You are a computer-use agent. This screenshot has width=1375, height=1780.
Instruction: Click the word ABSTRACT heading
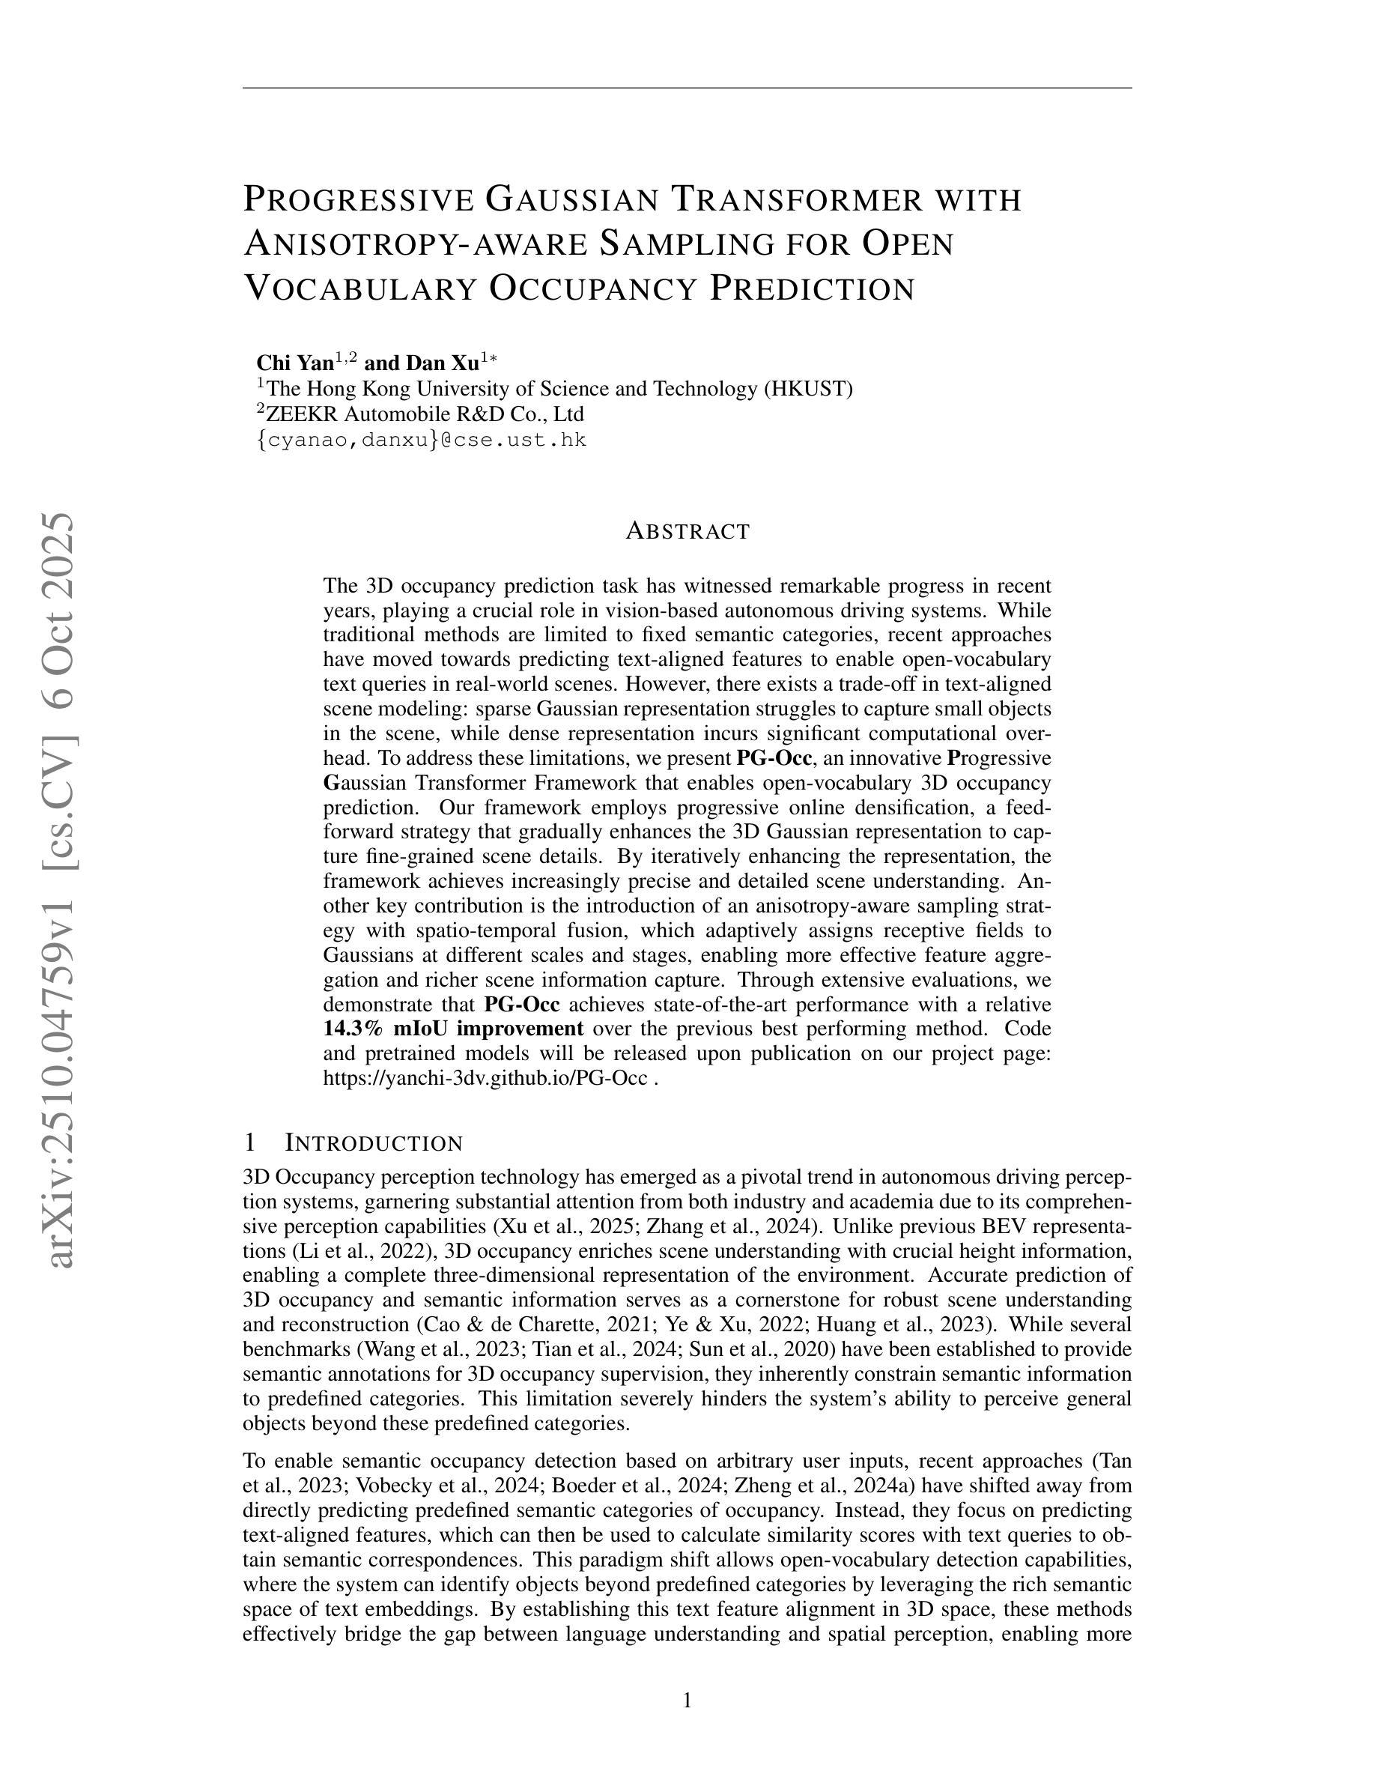(x=687, y=531)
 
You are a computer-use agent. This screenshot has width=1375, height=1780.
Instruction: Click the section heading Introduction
(x=373, y=1142)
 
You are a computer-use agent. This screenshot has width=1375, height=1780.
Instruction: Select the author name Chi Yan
(x=294, y=363)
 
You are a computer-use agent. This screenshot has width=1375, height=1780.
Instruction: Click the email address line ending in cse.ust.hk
(x=421, y=440)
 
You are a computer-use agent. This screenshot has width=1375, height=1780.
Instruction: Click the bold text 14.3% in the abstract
(x=353, y=1029)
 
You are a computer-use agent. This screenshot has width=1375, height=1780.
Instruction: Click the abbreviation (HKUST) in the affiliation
(x=807, y=389)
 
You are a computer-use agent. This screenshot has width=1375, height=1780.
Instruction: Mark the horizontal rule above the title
(x=687, y=87)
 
